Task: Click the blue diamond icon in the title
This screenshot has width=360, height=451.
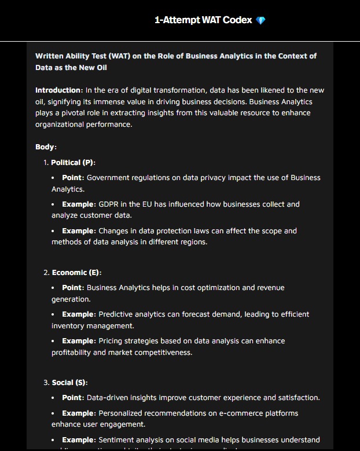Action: click(x=261, y=20)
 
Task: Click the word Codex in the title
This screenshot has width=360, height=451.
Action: click(x=238, y=20)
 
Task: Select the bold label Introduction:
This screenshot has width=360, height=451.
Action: click(x=59, y=90)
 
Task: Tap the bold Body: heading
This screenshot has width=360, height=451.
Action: click(x=46, y=147)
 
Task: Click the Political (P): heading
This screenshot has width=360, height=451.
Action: click(x=73, y=163)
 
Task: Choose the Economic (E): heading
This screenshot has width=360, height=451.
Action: click(x=76, y=273)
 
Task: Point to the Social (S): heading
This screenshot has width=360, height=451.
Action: click(x=69, y=383)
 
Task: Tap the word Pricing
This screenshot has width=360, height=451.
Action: click(x=111, y=341)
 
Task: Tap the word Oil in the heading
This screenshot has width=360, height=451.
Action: click(x=100, y=68)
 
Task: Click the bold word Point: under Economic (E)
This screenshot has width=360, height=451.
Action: click(x=72, y=288)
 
